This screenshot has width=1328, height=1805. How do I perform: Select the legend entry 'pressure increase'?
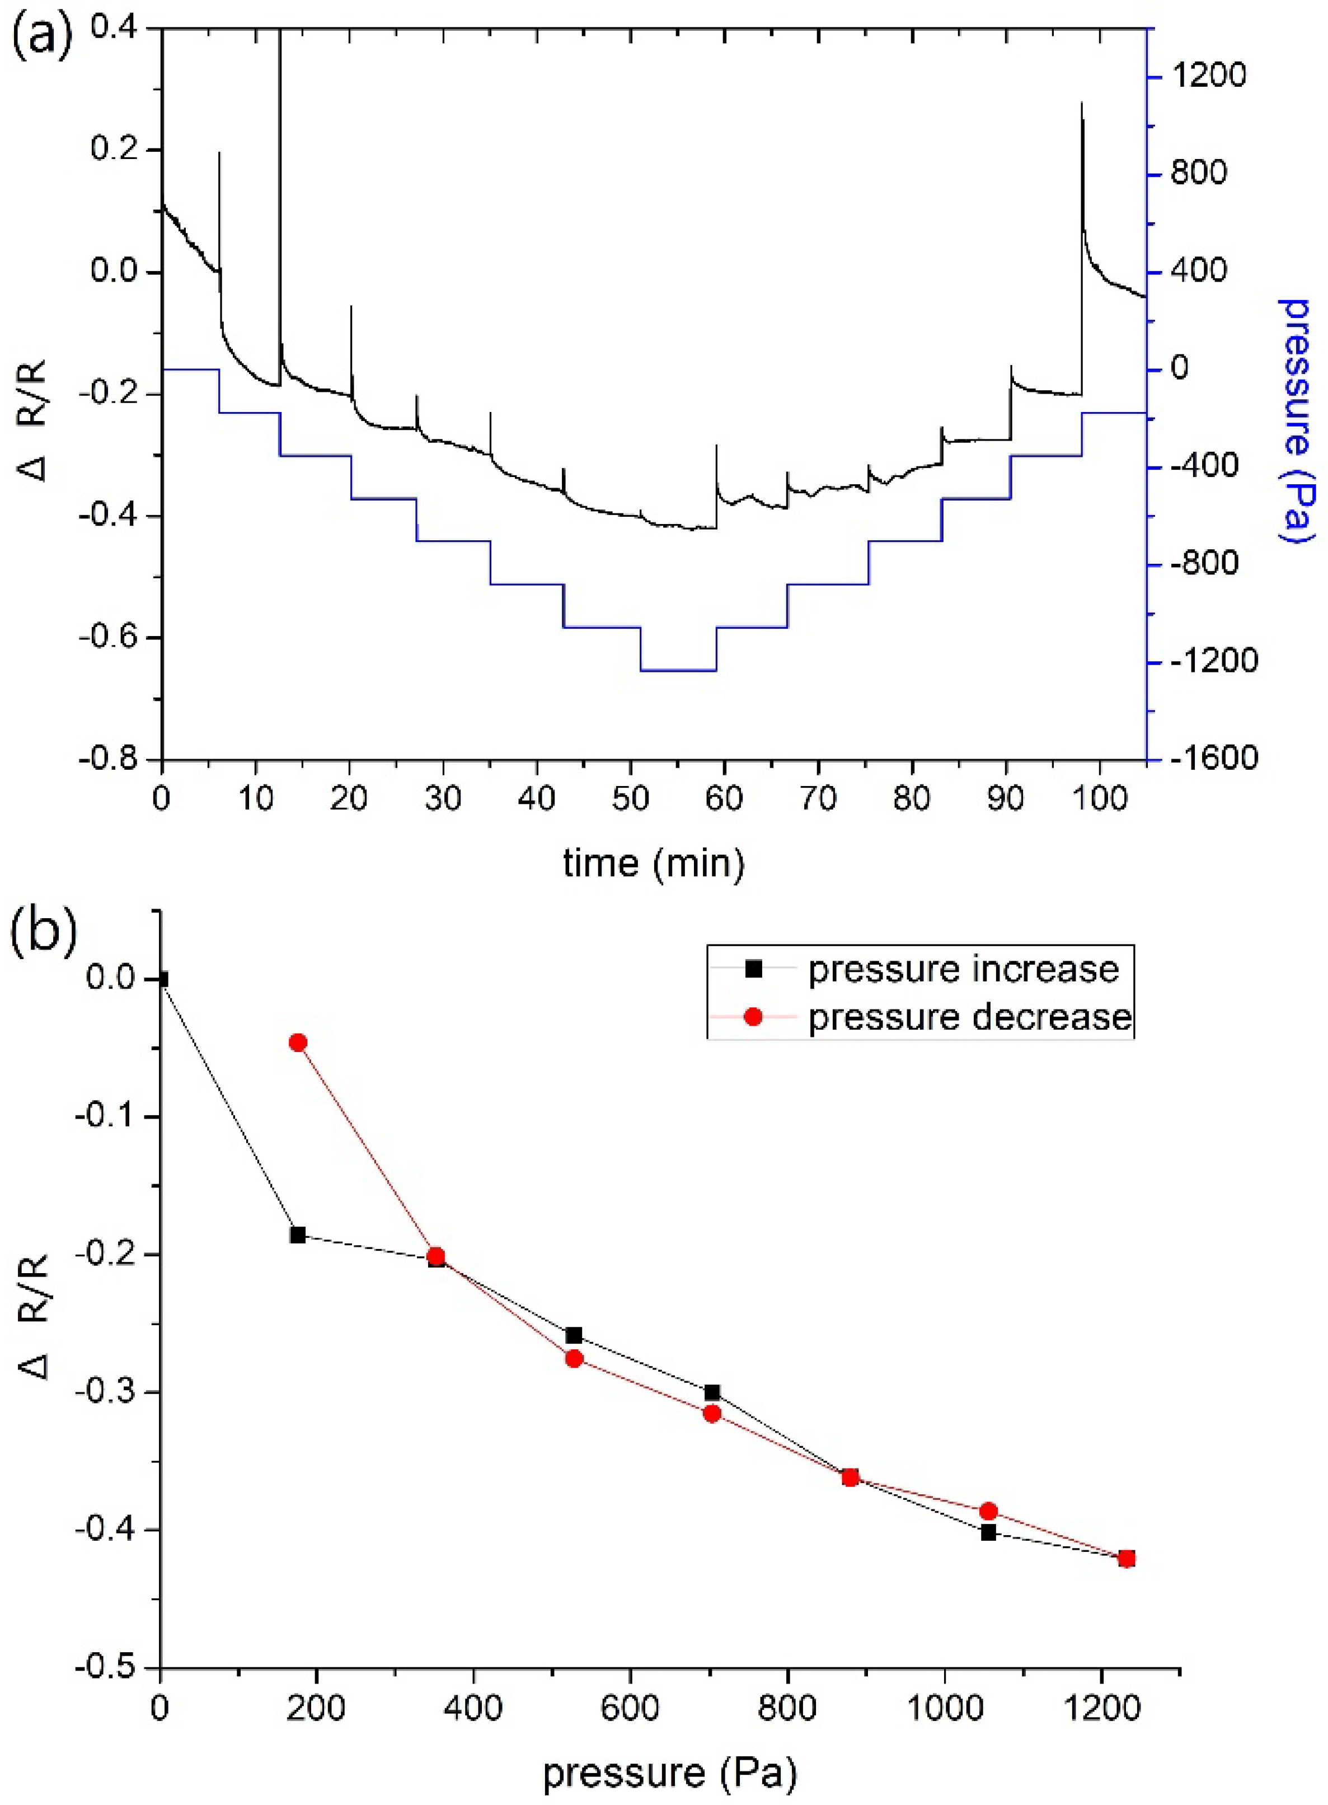pyautogui.click(x=963, y=970)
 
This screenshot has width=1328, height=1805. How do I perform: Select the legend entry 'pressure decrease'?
pyautogui.click(x=969, y=1017)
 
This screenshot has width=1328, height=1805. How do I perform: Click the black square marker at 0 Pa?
pyautogui.click(x=162, y=979)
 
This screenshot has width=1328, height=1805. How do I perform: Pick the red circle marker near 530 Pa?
pyautogui.click(x=574, y=1359)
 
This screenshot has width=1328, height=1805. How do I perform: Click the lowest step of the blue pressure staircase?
pyautogui.click(x=678, y=670)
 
